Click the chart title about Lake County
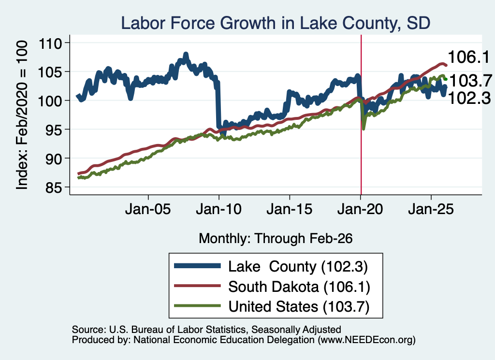coord(276,23)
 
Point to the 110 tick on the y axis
coord(50,43)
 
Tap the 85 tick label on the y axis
coord(54,187)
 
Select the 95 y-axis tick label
coord(54,130)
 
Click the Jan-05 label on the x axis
coord(148,209)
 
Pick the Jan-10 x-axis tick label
coord(219,209)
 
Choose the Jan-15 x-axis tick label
coord(290,209)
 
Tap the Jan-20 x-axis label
coord(360,209)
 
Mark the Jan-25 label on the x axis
coord(431,209)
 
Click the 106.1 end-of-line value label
coord(468,57)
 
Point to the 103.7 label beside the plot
coord(470,81)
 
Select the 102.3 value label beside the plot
coord(469,98)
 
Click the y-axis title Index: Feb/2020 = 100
coord(22,115)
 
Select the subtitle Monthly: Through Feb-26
coord(276,239)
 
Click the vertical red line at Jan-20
coord(361,115)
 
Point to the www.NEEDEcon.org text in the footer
coord(366,340)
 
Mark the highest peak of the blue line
coord(186,54)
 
